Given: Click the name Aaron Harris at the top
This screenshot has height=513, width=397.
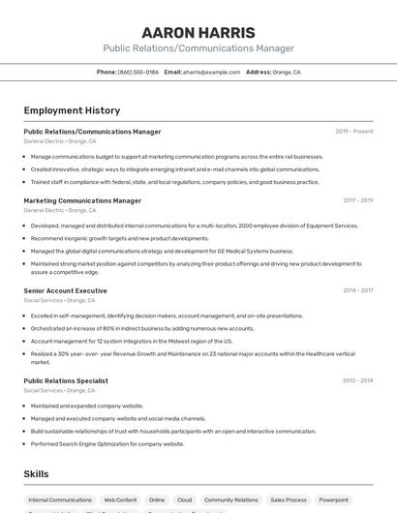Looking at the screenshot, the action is [x=198, y=32].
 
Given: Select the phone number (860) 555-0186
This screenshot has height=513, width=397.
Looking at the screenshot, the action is [x=138, y=72].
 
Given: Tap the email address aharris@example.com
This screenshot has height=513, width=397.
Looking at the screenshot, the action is [x=211, y=72].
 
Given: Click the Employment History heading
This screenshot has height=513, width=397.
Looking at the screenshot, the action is [x=72, y=110].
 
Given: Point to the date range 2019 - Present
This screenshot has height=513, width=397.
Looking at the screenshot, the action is [x=354, y=132].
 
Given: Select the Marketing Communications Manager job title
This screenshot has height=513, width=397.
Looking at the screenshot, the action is [x=82, y=201].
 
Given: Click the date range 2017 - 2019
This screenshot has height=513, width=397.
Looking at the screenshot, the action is [x=357, y=201].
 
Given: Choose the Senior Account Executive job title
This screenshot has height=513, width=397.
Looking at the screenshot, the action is [x=65, y=290].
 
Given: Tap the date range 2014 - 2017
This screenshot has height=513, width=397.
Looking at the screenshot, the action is [x=357, y=290].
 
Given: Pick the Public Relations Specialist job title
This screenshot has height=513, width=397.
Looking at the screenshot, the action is [x=66, y=381].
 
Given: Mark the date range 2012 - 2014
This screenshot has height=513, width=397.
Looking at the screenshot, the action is [x=357, y=381].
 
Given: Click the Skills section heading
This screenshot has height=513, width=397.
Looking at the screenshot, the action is [x=37, y=474].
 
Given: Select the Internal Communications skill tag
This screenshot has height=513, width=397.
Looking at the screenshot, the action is [x=60, y=500].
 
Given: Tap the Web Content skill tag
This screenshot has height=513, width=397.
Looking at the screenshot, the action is [x=121, y=500].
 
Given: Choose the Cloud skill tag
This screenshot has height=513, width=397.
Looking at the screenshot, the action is [x=184, y=500].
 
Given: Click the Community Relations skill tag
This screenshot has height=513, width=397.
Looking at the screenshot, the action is [x=231, y=500].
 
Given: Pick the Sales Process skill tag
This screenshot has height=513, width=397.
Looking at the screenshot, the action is [x=289, y=500].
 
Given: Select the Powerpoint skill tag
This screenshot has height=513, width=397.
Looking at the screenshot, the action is [x=334, y=500].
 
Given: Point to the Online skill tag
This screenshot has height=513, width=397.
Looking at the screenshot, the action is [x=157, y=500].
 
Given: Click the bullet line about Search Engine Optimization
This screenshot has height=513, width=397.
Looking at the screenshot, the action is [x=107, y=443].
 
